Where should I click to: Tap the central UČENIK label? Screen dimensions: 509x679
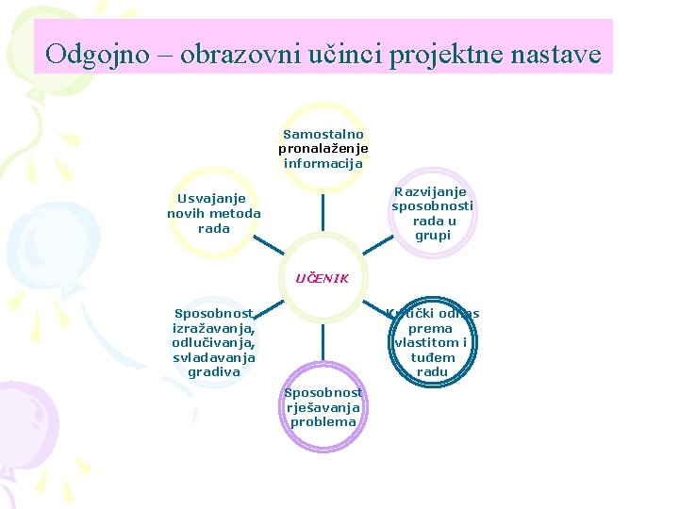[323, 278]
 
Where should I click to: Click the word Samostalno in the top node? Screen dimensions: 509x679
[323, 134]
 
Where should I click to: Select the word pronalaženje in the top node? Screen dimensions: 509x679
[323, 148]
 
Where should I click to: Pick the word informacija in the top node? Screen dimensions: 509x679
[323, 163]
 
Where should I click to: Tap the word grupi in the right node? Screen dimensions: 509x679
[433, 236]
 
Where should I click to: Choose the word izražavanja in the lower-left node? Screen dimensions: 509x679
[212, 328]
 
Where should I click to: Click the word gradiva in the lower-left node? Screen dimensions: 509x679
[213, 371]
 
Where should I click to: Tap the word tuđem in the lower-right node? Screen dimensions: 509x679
[433, 357]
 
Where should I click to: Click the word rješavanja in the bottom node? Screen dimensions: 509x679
[323, 407]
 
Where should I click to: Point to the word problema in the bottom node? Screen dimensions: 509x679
[323, 421]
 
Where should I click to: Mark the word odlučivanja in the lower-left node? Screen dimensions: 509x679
[214, 342]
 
